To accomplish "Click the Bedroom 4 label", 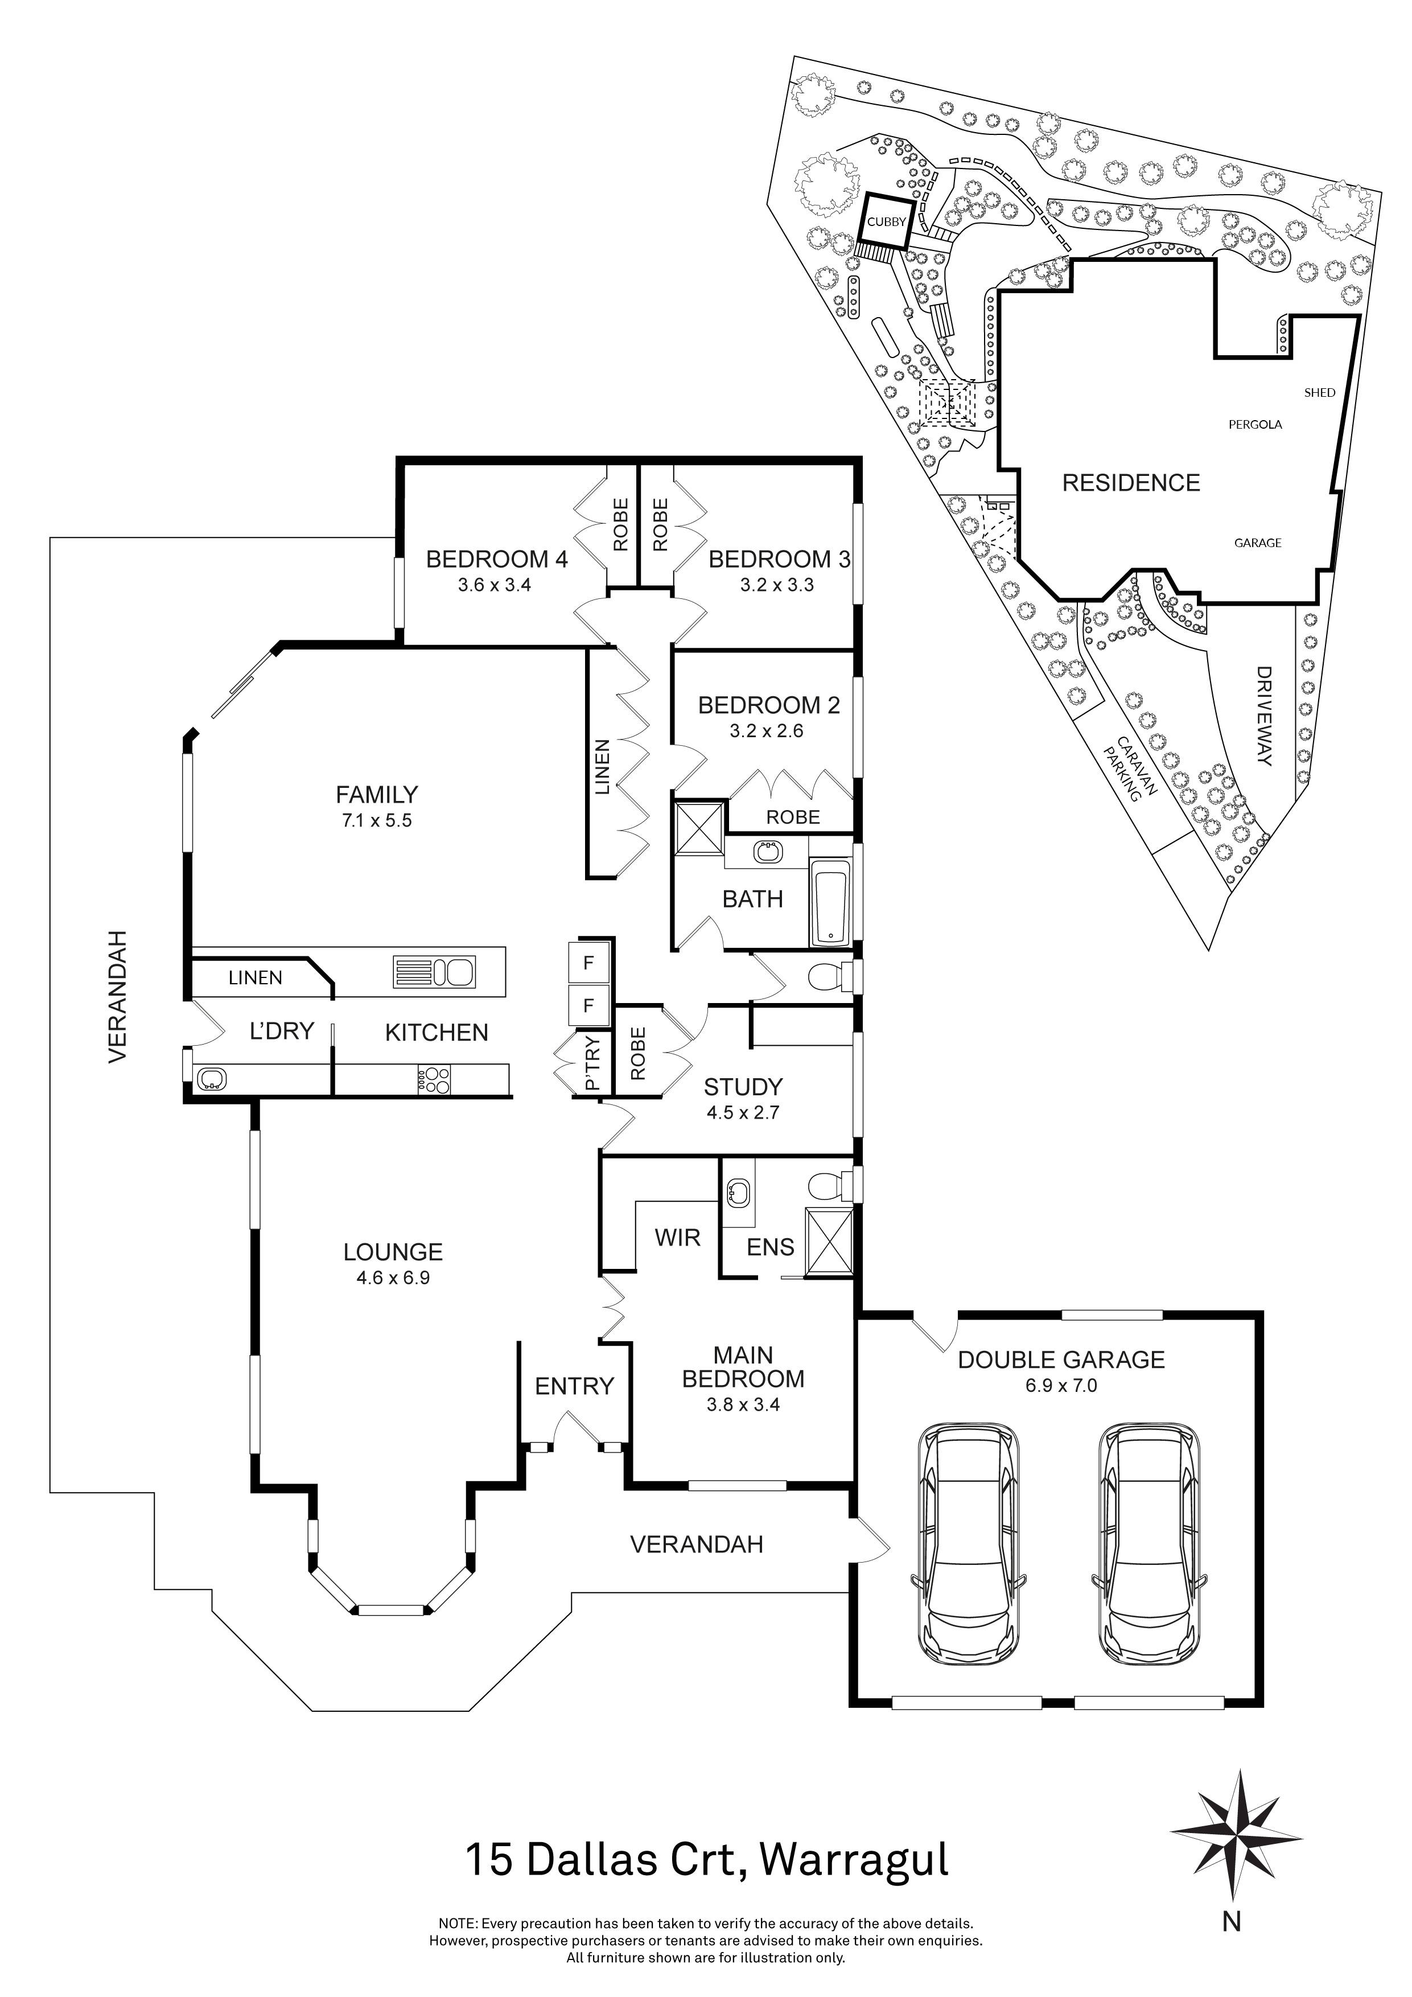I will pyautogui.click(x=496, y=559).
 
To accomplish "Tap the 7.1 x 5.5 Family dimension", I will pyautogui.click(x=376, y=820).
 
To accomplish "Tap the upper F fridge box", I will pyautogui.click(x=588, y=964).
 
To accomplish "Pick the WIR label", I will pyautogui.click(x=677, y=1237).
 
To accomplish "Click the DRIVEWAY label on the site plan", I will pyautogui.click(x=1263, y=716).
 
